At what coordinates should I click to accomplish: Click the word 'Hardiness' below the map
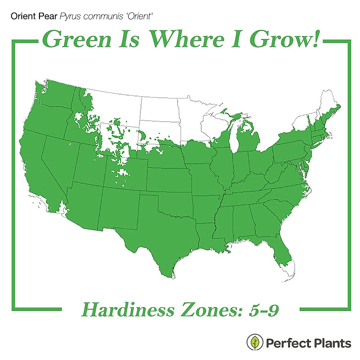tap(127, 310)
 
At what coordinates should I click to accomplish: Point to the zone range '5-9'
tap(264, 310)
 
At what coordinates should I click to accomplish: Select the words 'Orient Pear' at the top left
tap(34, 16)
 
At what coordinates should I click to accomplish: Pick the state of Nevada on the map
tap(57, 162)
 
